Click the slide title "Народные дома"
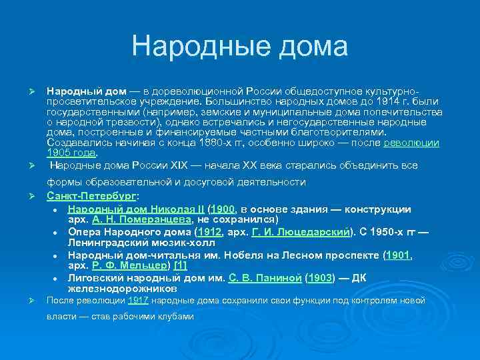coord(239,47)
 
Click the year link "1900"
coord(223,209)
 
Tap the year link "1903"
coord(321,278)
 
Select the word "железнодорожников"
coord(123,289)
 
